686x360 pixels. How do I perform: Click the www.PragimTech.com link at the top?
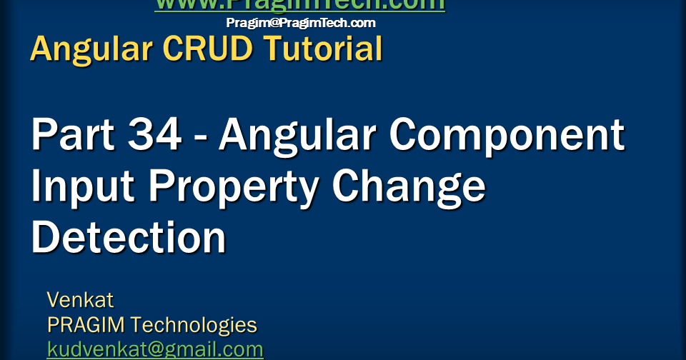299,5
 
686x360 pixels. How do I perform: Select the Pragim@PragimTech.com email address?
301,23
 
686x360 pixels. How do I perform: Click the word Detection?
129,239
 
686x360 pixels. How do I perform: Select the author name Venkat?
80,299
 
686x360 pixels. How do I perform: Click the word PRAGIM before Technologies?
85,325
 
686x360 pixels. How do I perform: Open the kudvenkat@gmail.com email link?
155,350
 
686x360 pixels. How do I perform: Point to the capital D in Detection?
45,239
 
